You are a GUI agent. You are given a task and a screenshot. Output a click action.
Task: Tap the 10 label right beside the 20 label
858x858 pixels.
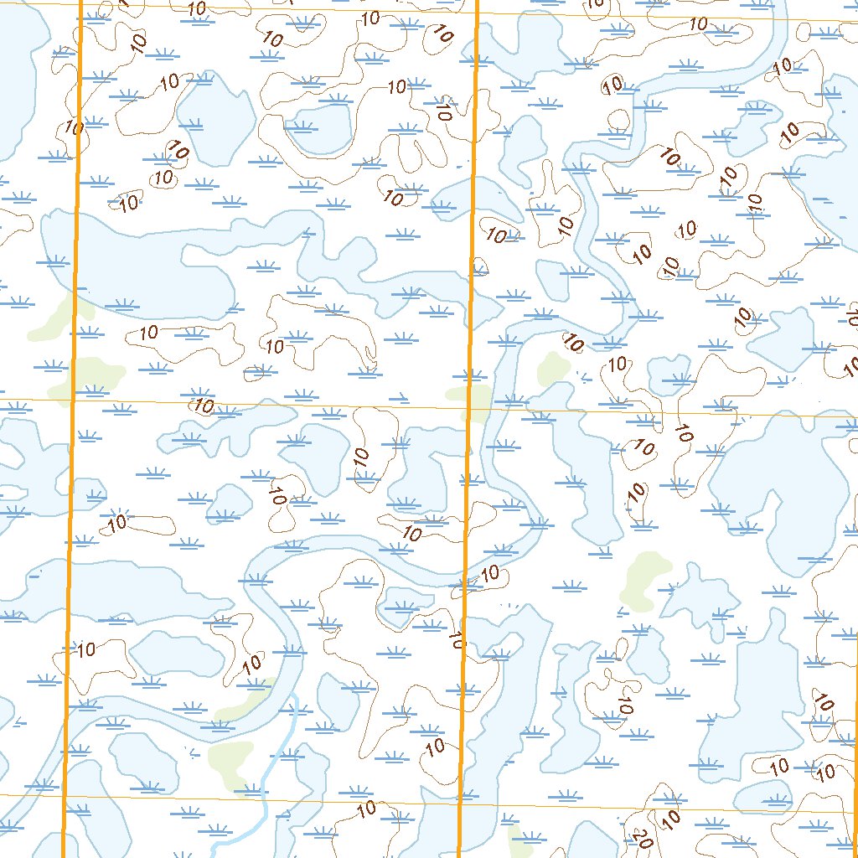click(x=670, y=817)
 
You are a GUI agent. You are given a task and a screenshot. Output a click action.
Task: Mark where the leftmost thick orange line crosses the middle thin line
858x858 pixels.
click(x=72, y=401)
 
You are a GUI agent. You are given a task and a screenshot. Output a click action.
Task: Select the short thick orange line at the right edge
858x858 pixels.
click(x=855, y=754)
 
